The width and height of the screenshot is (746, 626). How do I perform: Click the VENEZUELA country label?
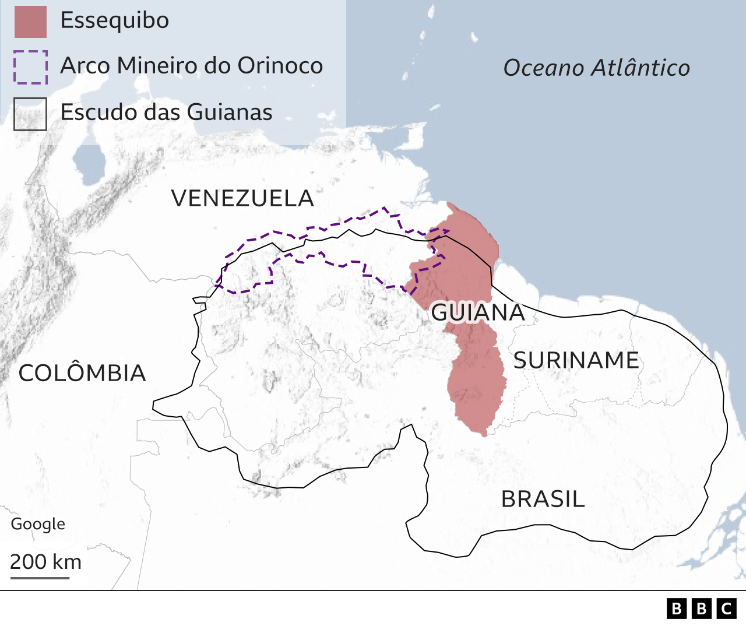tap(242, 199)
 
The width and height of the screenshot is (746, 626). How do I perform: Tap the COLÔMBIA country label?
tap(82, 373)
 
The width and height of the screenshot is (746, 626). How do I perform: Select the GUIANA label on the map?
tap(478, 312)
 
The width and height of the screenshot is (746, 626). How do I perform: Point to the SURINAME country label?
tap(576, 360)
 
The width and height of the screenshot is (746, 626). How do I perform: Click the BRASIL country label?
tap(543, 500)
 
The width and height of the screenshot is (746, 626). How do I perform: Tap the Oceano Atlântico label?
tap(596, 68)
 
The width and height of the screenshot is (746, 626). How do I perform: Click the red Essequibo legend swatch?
tap(30, 22)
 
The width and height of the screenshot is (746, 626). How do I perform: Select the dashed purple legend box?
tap(30, 67)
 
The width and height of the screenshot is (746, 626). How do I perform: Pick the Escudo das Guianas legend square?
tap(30, 114)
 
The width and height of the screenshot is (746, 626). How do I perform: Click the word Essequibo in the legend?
tap(115, 20)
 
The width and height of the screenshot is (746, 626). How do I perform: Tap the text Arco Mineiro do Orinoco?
tap(191, 66)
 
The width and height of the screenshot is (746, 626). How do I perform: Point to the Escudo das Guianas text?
tap(166, 112)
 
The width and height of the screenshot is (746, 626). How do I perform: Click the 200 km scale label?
tap(45, 562)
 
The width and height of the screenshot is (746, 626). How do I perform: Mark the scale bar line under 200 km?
tap(40, 578)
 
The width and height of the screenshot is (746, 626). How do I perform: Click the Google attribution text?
tap(38, 524)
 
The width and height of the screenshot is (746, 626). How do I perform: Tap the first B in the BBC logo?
tap(676, 609)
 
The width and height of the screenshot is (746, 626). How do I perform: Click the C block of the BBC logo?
tap(726, 609)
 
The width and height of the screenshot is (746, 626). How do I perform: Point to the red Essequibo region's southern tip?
tap(483, 432)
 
